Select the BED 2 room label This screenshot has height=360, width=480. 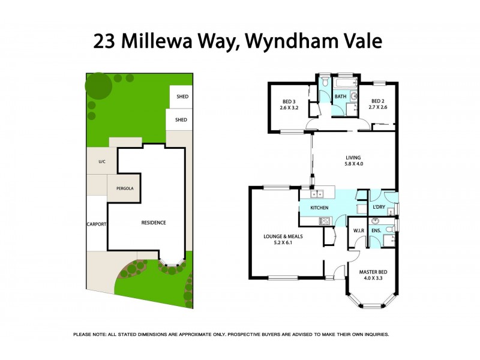(379, 101)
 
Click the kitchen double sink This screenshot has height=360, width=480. (316, 193)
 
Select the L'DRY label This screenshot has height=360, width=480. (379, 208)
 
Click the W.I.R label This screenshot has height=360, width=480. (359, 230)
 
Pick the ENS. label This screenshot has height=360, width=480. (376, 230)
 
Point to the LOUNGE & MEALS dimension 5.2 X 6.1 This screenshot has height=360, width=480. (283, 244)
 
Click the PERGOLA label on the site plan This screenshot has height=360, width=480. (124, 188)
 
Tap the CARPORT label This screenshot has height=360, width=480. (97, 224)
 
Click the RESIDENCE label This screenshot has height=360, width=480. (154, 223)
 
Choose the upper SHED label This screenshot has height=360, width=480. (181, 97)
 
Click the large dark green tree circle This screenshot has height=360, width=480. (98, 86)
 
